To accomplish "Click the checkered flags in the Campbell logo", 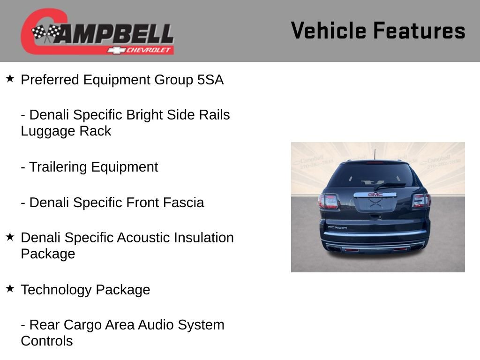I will click(x=46, y=33).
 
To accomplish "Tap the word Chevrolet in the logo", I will click(x=149, y=50).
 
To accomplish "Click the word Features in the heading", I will click(x=419, y=30).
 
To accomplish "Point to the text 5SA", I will click(x=210, y=80).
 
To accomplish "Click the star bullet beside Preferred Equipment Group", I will click(x=10, y=78).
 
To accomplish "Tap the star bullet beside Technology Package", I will click(x=10, y=288).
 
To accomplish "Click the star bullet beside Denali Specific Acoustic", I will click(x=10, y=236).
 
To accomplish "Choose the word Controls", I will click(x=46, y=341).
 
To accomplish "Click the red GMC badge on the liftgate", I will click(x=375, y=195).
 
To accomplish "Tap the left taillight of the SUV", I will click(x=329, y=201).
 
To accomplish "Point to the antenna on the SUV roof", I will click(x=375, y=155).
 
